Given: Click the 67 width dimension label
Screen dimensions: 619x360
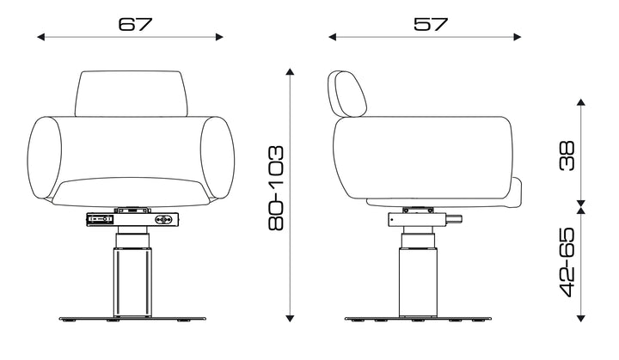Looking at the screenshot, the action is point(135,24).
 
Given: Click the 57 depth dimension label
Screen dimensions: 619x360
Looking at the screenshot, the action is point(431,24).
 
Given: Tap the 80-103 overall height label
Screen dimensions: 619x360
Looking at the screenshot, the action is point(276,188).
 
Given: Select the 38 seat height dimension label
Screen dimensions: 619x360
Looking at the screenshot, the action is point(567,156).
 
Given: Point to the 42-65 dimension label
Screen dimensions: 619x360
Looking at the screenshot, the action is point(567,262).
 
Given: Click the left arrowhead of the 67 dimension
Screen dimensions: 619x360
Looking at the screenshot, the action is point(41,37).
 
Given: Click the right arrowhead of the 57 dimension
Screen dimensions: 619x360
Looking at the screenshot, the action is point(518,37).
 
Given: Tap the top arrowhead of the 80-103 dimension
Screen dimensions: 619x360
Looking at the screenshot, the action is point(291,72).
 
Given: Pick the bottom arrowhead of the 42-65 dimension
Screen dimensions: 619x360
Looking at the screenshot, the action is point(580,318).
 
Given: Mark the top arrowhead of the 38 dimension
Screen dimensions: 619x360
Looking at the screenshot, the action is point(580,102).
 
